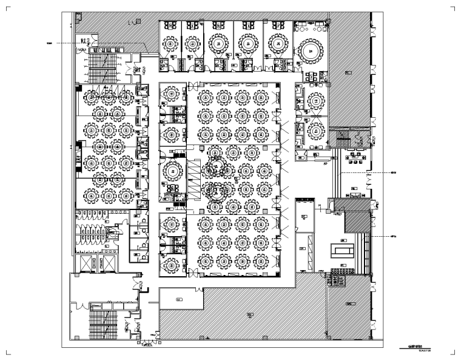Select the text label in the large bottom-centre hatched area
(250, 314)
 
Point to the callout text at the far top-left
(50, 43)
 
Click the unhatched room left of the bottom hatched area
(180, 299)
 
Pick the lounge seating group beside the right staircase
(357, 161)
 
